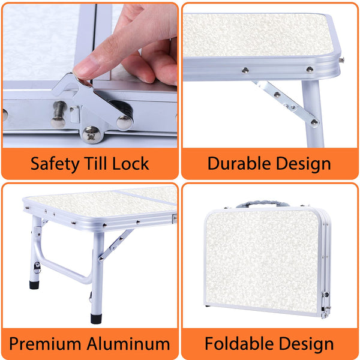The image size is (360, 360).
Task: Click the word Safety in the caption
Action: coord(55,164)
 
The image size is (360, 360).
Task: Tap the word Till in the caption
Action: coord(95,163)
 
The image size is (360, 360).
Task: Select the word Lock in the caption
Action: coord(130,163)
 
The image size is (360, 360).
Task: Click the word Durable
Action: coord(239,163)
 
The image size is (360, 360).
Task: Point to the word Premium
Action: coord(45,344)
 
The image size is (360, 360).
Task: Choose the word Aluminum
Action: coord(128,344)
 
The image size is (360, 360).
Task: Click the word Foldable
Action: coord(239,344)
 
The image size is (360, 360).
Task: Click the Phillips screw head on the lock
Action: coord(91,135)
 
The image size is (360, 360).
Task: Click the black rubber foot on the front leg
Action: coord(96,319)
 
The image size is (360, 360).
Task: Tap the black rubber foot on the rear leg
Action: coord(34,285)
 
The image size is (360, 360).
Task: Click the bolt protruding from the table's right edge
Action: coord(341,60)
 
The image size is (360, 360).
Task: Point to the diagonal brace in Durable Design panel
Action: coord(286,104)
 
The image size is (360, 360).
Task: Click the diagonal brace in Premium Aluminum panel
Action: coord(116,245)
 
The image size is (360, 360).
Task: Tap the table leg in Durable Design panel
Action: coord(313,114)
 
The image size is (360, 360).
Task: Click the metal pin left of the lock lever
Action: coord(59,115)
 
